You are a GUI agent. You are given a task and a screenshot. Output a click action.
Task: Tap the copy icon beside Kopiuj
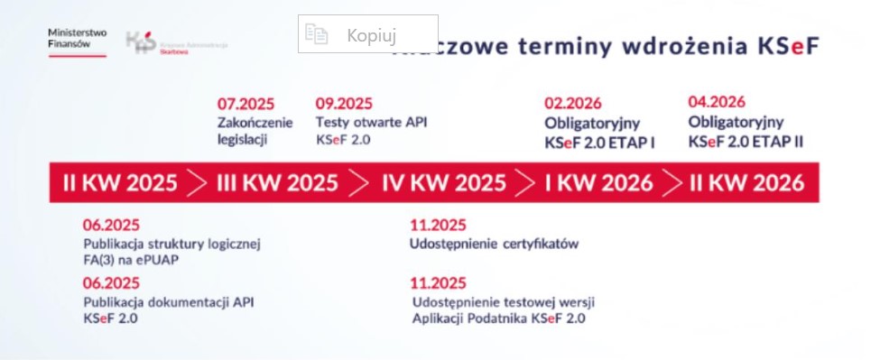(x=315, y=35)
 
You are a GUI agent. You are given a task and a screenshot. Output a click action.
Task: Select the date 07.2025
(x=245, y=104)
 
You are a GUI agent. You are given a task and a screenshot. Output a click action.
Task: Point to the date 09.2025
(x=344, y=104)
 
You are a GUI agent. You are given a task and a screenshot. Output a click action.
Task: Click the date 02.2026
(x=572, y=104)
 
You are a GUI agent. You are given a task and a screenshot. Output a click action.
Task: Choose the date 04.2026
(x=717, y=102)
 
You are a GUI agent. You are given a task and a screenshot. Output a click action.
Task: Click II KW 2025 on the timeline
(x=120, y=183)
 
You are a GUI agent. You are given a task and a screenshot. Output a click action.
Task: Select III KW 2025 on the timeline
(x=277, y=183)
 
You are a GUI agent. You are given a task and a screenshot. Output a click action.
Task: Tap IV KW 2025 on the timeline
(x=444, y=183)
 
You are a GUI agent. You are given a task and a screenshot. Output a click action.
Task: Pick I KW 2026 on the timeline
(x=598, y=183)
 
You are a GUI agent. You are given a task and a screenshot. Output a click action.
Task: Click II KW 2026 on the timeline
(x=746, y=183)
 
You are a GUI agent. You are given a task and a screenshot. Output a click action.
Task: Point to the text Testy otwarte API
(x=370, y=123)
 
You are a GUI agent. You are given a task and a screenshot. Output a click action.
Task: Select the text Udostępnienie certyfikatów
(x=494, y=244)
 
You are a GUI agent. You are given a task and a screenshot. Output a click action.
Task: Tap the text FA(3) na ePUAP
(x=131, y=260)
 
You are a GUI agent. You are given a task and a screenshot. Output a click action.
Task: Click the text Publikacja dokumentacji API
(x=169, y=302)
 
